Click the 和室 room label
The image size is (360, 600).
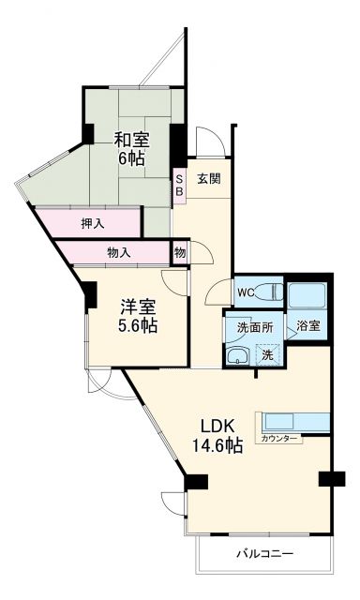pos(130,139)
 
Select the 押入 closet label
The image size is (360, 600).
pos(93,224)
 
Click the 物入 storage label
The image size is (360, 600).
pos(118,252)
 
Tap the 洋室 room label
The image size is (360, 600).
pos(137,305)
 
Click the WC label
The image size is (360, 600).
pos(246,292)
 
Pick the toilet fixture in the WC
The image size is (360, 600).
pos(269,292)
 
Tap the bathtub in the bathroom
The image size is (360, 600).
pos(307,296)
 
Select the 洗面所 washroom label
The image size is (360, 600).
pos(254,327)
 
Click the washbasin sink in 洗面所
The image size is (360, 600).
pos(239,354)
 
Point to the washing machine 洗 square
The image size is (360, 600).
pos(268,354)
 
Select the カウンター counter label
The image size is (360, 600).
pos(281,439)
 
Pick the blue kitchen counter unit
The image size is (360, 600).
pos(296,421)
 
